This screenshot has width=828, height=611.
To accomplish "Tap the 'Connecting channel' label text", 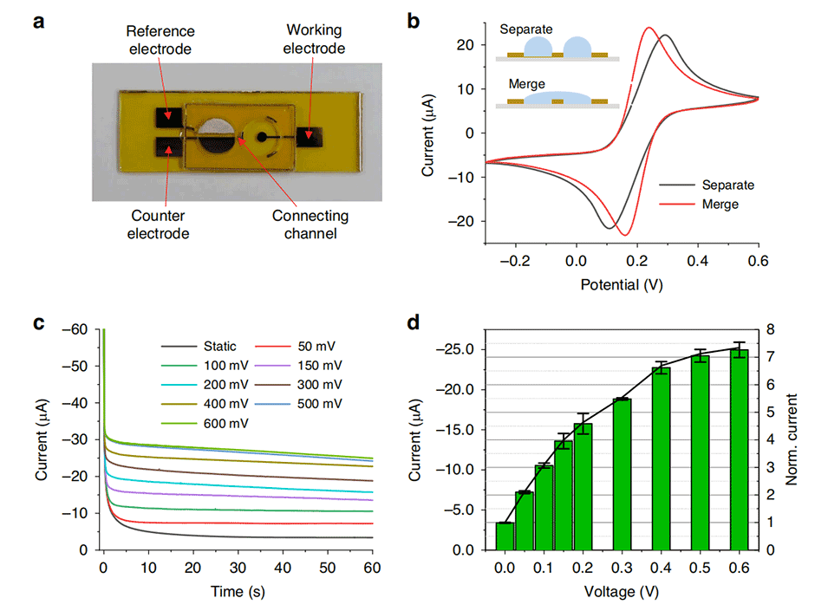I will pos(309,224).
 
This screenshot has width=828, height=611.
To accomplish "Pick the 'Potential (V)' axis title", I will pos(622,283).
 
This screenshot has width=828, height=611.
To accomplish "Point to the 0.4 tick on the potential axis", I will pos(697,259).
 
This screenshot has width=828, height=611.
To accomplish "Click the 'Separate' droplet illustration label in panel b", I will pos(525,29).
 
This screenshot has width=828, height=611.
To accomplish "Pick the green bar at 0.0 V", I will pos(504,536).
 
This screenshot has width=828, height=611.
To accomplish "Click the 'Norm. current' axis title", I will pos(792,439).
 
